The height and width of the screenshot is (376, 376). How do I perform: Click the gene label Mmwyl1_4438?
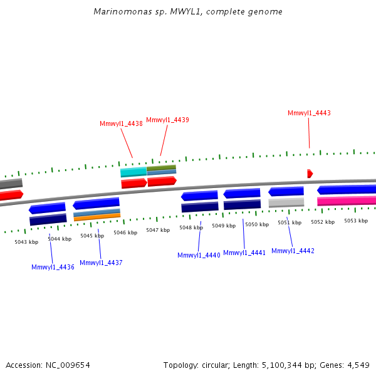tap(121, 123)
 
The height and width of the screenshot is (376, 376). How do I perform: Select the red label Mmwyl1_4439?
tap(167, 120)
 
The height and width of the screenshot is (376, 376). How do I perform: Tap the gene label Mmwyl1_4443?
tap(309, 113)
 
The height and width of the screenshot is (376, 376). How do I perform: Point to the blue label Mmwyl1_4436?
tap(53, 267)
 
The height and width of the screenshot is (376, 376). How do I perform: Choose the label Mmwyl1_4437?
tap(101, 263)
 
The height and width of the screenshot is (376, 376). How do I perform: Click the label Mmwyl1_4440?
tap(199, 255)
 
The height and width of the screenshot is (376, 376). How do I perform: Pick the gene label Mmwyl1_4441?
tap(244, 253)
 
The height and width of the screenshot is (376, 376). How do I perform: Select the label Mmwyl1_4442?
tap(293, 251)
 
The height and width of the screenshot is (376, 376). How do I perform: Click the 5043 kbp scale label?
tap(26, 242)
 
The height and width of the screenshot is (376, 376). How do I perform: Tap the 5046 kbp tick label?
tap(125, 232)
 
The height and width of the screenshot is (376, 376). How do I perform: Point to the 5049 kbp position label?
tap(224, 226)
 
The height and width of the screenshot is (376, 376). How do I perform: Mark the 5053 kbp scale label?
tap(356, 221)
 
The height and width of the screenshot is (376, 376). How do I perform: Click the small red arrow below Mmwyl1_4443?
tap(310, 174)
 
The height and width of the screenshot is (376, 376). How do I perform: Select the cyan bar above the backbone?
tap(133, 172)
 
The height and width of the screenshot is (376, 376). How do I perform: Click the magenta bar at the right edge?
tap(347, 201)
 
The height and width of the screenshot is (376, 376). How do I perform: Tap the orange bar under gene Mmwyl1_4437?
tap(97, 217)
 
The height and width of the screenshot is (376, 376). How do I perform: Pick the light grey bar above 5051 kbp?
tap(286, 202)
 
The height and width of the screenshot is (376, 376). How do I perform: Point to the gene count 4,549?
tap(357, 365)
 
